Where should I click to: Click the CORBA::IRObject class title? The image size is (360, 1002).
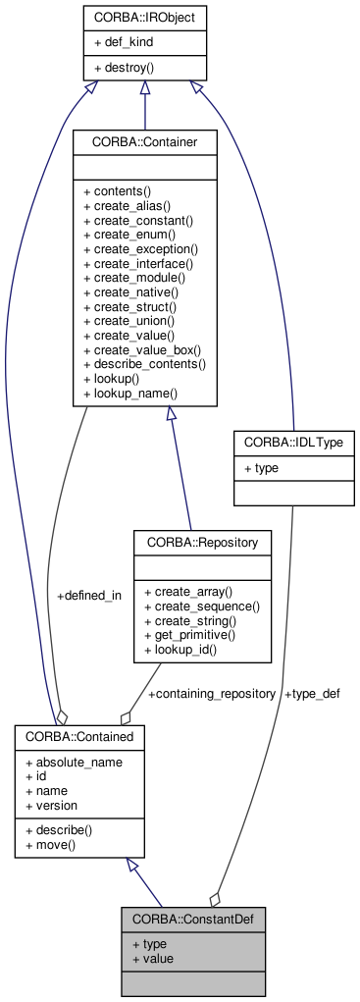(144, 17)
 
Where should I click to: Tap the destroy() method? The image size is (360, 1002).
(129, 69)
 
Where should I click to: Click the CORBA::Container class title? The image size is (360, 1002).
(144, 143)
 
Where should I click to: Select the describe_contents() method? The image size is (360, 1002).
(144, 363)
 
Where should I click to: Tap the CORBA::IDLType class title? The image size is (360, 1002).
(293, 443)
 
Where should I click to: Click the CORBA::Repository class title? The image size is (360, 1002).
(201, 541)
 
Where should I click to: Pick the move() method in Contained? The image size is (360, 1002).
(55, 844)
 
